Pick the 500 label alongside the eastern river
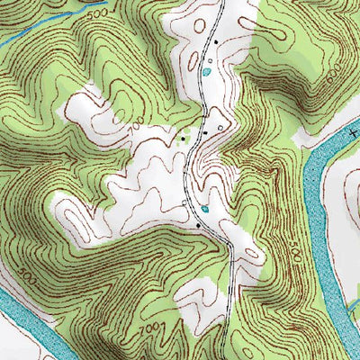(x=298, y=257)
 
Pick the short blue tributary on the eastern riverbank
(x=346, y=310)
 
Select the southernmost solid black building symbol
(x=198, y=225)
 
